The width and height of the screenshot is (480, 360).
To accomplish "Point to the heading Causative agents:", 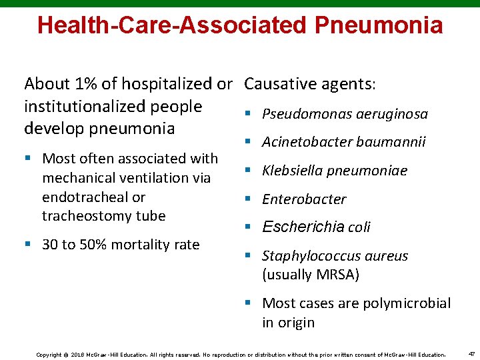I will click(x=310, y=84).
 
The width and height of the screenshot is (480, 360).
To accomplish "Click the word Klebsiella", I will click(x=292, y=171).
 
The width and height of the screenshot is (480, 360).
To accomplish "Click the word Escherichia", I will click(x=303, y=227).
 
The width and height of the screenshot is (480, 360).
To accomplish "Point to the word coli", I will click(x=359, y=227).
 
